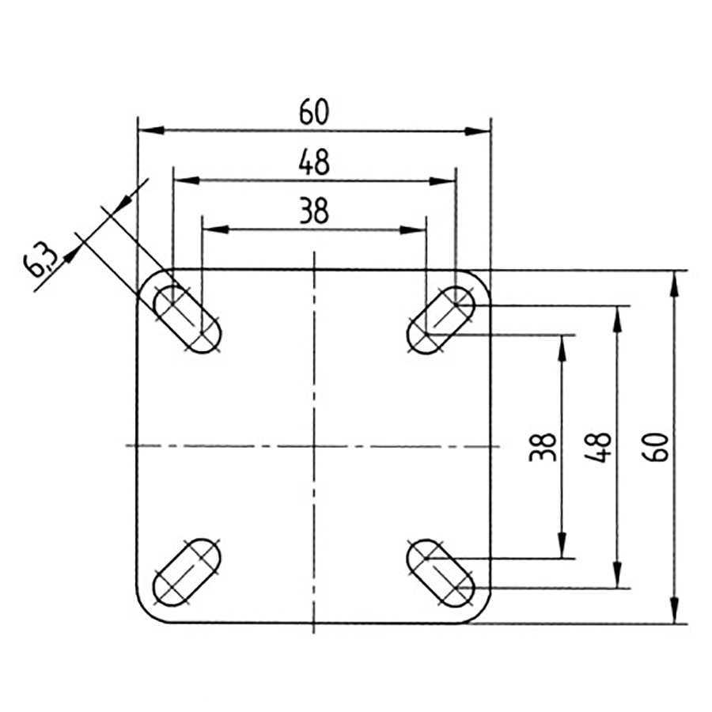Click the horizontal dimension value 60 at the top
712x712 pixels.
(314, 112)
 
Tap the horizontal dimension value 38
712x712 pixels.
(314, 211)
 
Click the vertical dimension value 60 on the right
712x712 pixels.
(661, 447)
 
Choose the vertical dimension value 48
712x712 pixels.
(600, 447)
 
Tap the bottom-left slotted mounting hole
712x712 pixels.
(187, 571)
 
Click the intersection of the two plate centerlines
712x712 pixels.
(314, 446)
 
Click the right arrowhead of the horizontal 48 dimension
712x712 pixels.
(445, 180)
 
